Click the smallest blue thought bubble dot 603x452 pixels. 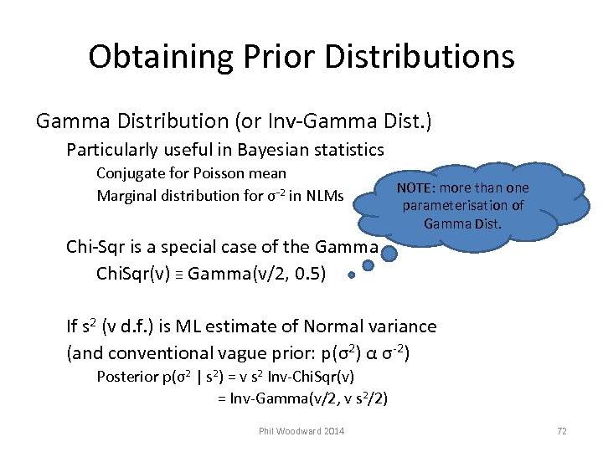[x=352, y=274]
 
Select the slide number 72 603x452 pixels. [x=561, y=431]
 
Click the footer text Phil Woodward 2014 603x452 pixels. [x=301, y=431]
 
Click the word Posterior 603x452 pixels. [x=129, y=376]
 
